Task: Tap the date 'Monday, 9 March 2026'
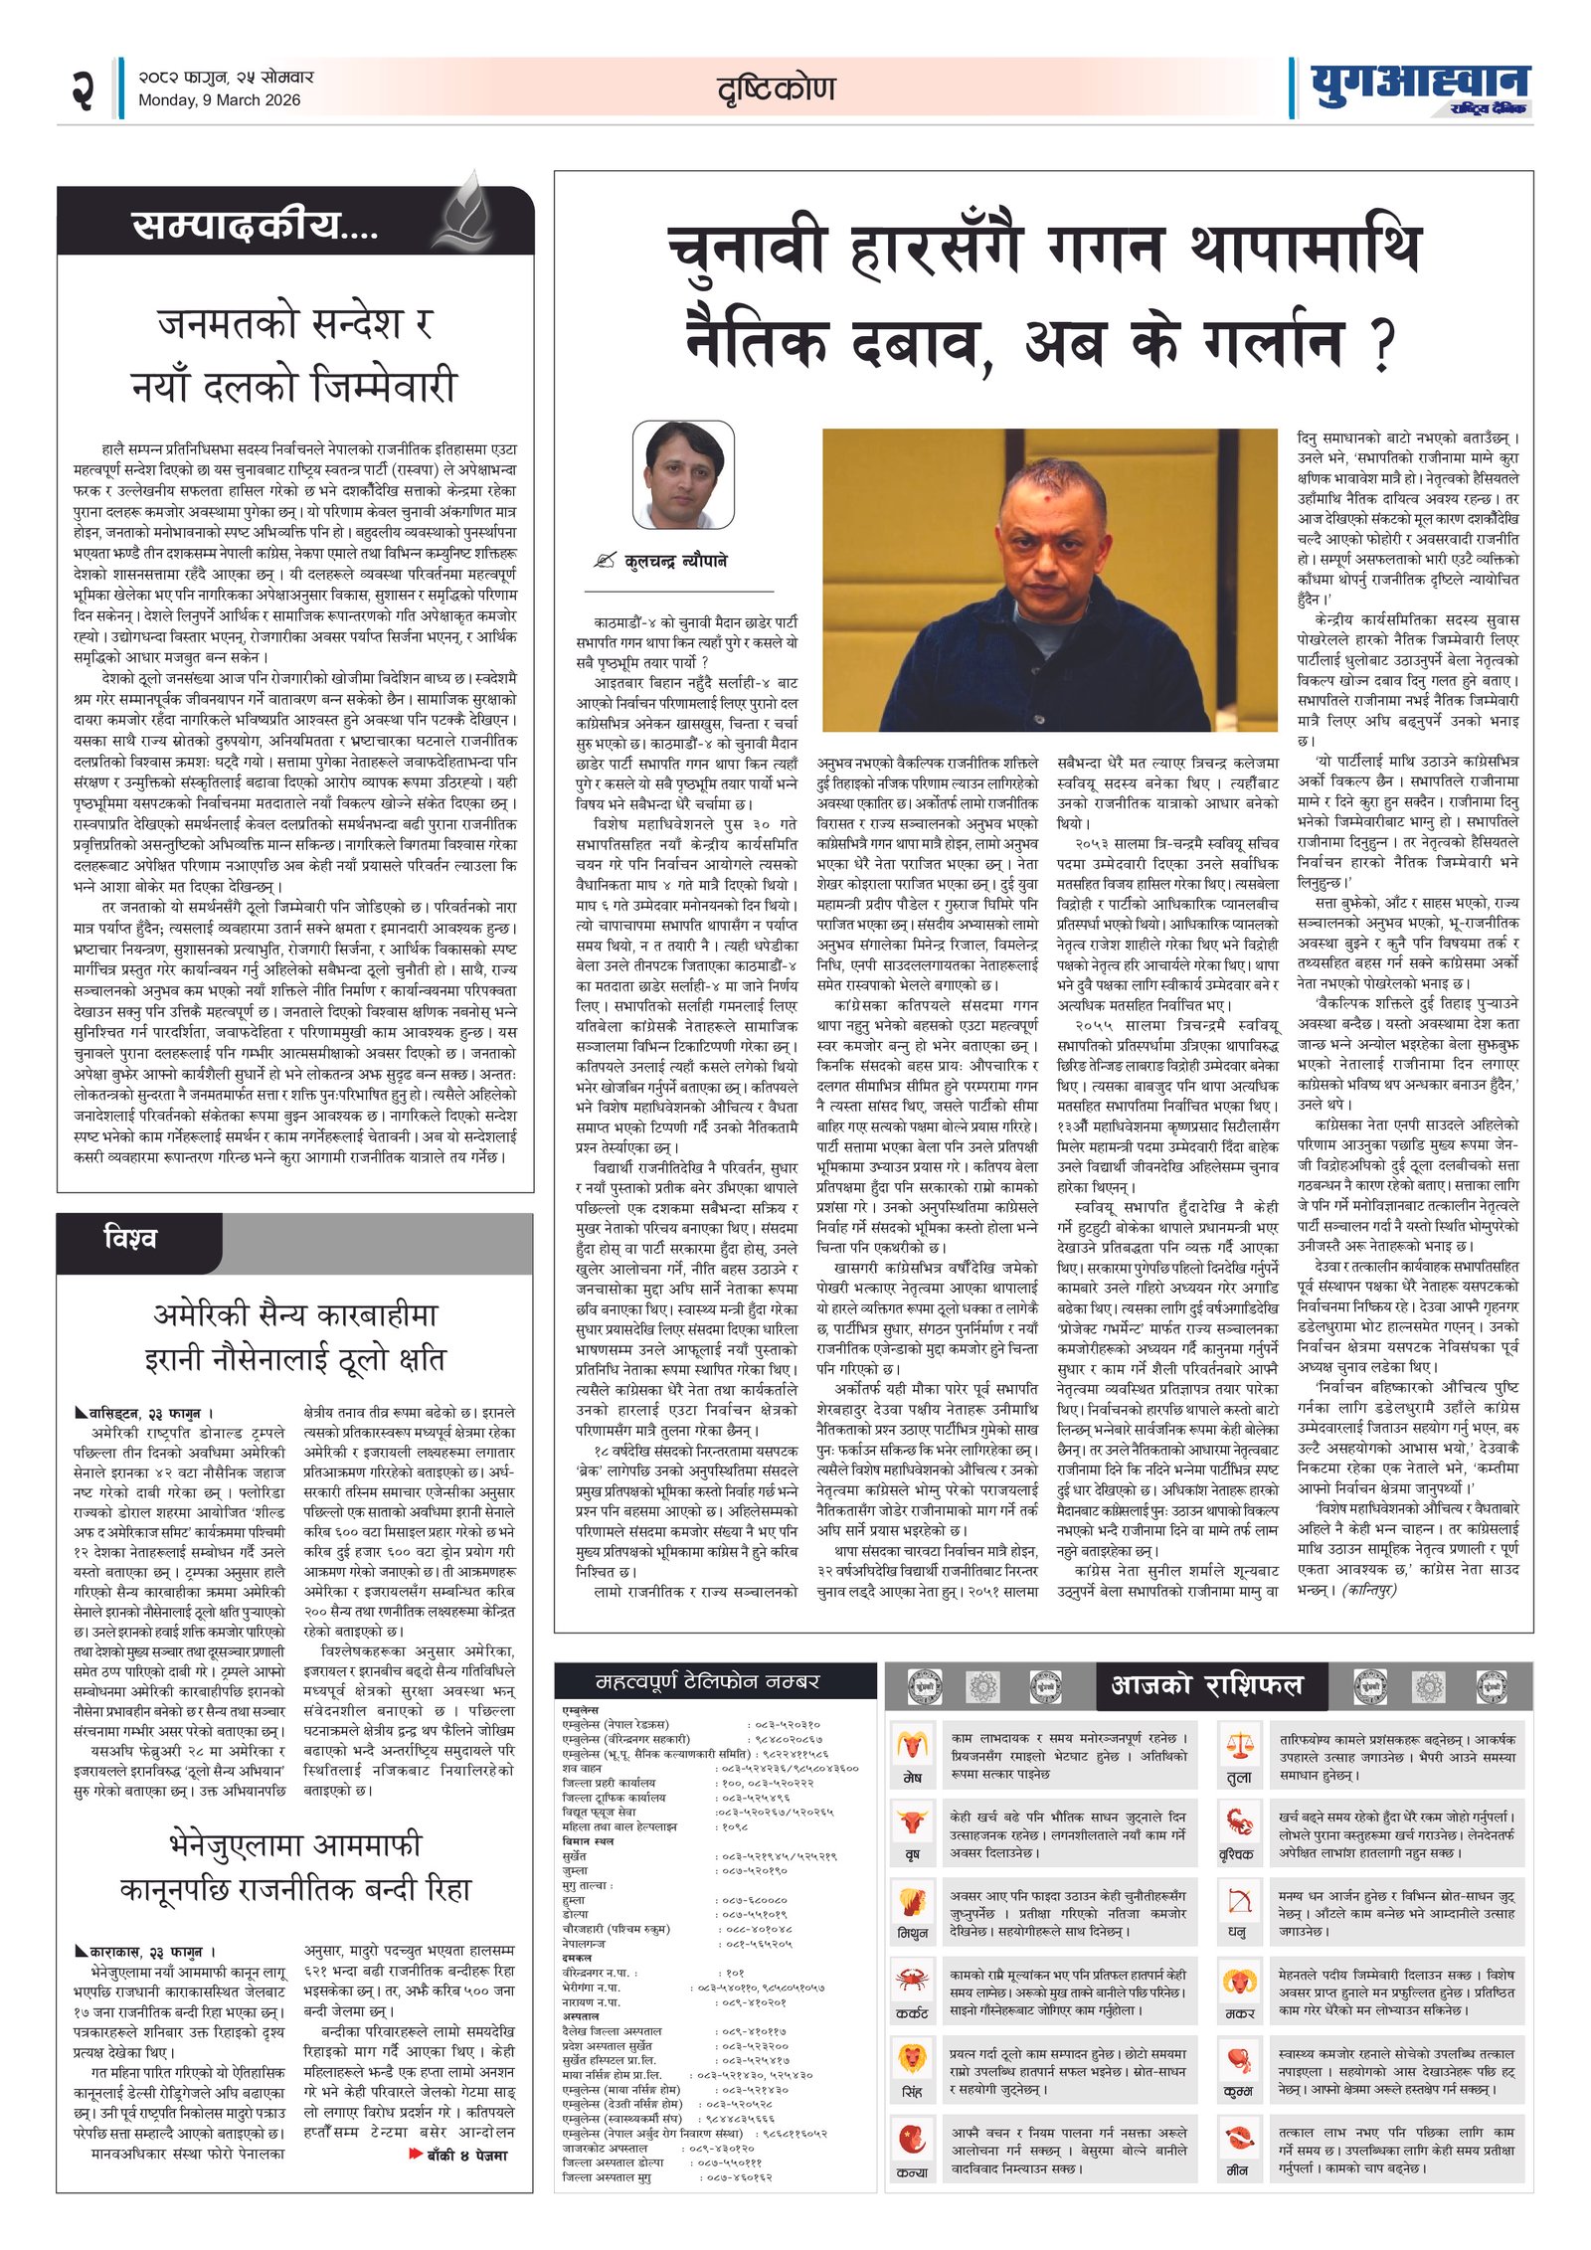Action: [219, 99]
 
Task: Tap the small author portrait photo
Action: [682, 475]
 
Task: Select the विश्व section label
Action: [130, 1239]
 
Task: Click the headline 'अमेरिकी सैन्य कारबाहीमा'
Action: [294, 1314]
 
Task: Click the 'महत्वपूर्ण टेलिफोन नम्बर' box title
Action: [707, 1681]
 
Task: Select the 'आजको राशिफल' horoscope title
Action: [1205, 1684]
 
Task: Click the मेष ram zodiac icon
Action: [911, 1745]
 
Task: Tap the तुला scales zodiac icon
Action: [1238, 1745]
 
